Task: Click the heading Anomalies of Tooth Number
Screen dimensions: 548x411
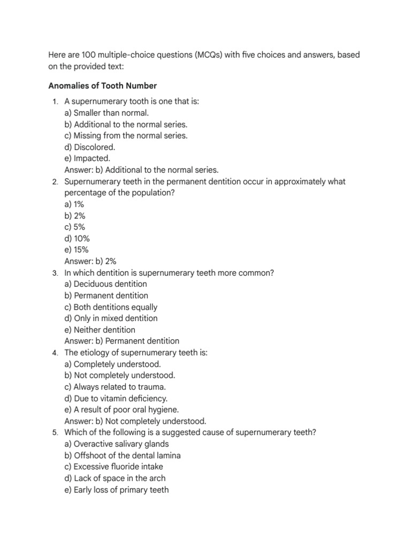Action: click(x=102, y=86)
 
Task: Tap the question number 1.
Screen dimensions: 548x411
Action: click(x=55, y=102)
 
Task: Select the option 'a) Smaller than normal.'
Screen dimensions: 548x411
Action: click(x=106, y=113)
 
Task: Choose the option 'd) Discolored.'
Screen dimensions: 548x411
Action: click(x=90, y=147)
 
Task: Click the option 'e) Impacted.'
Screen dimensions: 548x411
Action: click(x=87, y=158)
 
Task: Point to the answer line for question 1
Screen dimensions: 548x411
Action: click(x=141, y=170)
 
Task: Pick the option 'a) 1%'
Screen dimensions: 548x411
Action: click(x=74, y=204)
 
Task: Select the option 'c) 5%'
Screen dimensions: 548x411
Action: click(x=74, y=227)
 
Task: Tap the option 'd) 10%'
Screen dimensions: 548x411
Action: click(x=77, y=239)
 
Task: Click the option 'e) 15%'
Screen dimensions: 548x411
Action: click(x=77, y=250)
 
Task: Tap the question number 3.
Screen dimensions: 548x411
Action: click(x=55, y=273)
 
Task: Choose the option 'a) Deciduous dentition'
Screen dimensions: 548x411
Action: click(x=105, y=284)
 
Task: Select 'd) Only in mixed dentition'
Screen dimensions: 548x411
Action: click(x=111, y=318)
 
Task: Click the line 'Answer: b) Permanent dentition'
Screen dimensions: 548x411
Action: click(x=122, y=341)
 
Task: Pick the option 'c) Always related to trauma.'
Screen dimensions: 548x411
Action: click(x=115, y=387)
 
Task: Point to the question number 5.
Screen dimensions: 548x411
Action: click(x=55, y=432)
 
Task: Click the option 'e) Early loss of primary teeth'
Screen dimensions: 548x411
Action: click(x=117, y=490)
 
